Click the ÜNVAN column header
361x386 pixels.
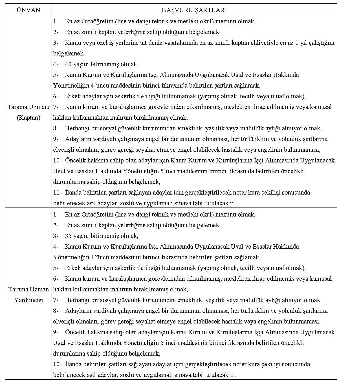click(x=28, y=10)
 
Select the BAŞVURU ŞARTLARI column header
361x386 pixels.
click(x=194, y=10)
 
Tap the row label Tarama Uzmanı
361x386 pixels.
click(x=28, y=107)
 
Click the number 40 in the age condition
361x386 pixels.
click(x=68, y=64)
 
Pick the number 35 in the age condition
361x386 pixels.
click(x=68, y=236)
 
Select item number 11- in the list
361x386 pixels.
click(x=57, y=193)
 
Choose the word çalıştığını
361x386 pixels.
click(x=319, y=43)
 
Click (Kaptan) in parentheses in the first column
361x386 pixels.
click(x=28, y=118)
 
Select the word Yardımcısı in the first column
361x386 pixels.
click(x=28, y=300)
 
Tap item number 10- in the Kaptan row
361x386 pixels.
click(x=57, y=160)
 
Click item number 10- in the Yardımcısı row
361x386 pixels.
click(x=57, y=364)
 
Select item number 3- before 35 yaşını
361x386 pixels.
click(x=56, y=236)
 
